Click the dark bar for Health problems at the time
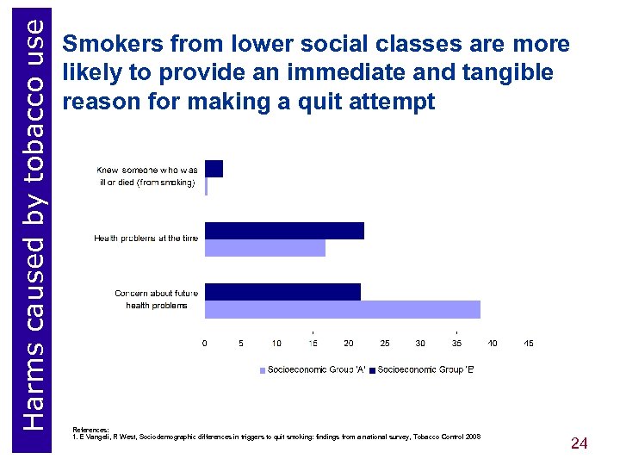pyautogui.click(x=284, y=230)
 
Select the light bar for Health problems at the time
pyautogui.click(x=265, y=247)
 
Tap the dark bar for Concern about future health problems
pyautogui.click(x=282, y=292)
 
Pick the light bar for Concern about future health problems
pyautogui.click(x=343, y=309)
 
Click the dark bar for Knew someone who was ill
pyautogui.click(x=214, y=168)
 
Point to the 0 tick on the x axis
pyautogui.click(x=204, y=343)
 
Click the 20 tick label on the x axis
pyautogui.click(x=349, y=343)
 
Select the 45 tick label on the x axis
pyautogui.click(x=529, y=343)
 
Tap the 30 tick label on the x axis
pyautogui.click(x=420, y=343)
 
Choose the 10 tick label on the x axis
pyautogui.click(x=276, y=343)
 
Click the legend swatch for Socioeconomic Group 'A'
pyautogui.click(x=263, y=369)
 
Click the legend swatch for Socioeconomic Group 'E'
pyautogui.click(x=373, y=369)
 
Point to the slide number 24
pyautogui.click(x=579, y=443)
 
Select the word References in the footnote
pyautogui.click(x=91, y=429)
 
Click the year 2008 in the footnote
pyautogui.click(x=473, y=437)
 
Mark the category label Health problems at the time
pyautogui.click(x=146, y=239)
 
